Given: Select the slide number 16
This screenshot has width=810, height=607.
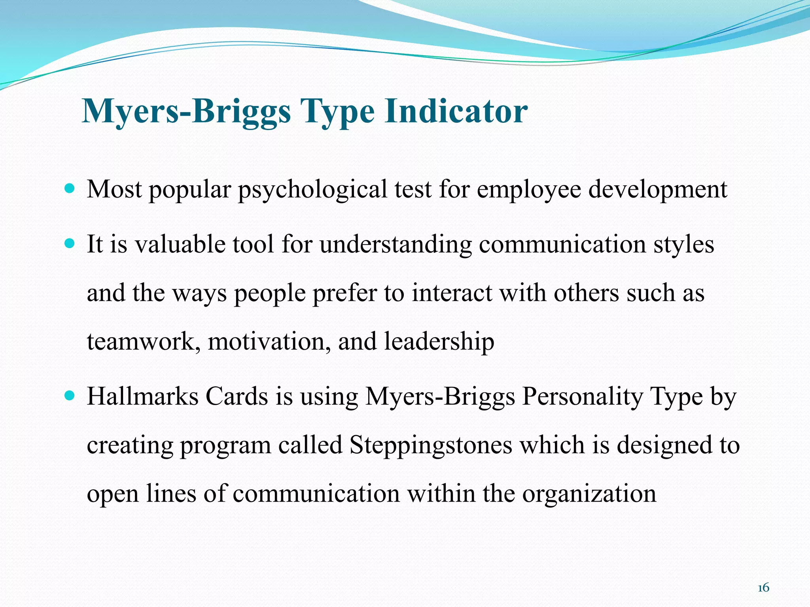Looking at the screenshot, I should [x=763, y=588].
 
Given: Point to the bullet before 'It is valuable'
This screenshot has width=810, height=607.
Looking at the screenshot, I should [x=69, y=244].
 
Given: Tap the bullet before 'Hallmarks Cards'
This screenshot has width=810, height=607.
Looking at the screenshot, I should [x=69, y=396].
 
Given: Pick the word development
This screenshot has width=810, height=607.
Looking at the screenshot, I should [x=658, y=190].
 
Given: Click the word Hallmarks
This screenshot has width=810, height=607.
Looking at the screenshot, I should [x=142, y=396].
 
